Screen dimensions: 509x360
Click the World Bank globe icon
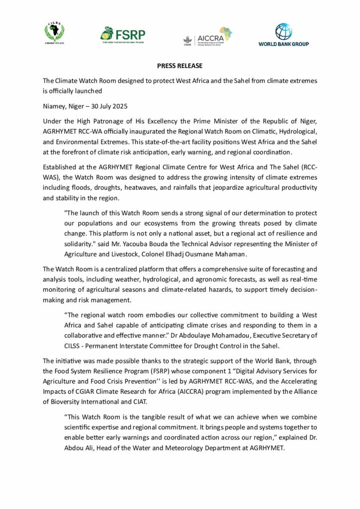[283, 31]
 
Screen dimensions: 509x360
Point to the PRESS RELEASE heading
[180, 66]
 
